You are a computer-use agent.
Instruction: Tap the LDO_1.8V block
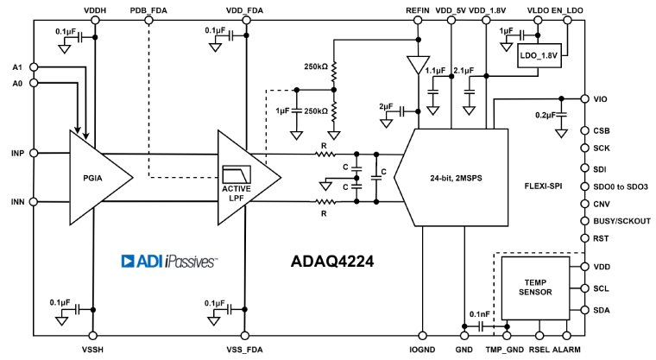[x=539, y=57]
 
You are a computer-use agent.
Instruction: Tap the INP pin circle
[x=32, y=154]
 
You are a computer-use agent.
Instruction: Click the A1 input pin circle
[x=32, y=66]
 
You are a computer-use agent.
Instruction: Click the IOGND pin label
[x=423, y=350]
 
